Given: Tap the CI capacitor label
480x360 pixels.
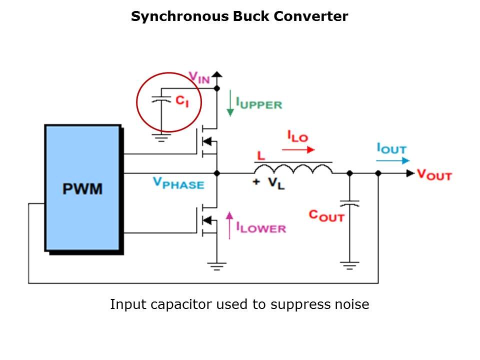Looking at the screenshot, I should click(x=182, y=101).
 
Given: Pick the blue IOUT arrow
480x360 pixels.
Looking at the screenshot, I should click(x=393, y=160).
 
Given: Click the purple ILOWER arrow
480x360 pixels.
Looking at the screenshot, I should click(x=229, y=223).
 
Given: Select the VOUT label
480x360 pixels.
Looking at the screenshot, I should click(x=434, y=174).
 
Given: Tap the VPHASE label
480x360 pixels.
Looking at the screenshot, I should click(x=178, y=183).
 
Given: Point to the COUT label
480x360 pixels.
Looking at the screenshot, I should click(x=326, y=215).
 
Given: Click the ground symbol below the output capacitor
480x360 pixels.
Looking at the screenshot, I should click(x=349, y=265).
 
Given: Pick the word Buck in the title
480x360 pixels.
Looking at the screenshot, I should click(x=251, y=16).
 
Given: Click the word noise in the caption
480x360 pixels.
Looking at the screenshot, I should click(x=352, y=304).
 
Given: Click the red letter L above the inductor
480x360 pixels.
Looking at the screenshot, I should click(x=259, y=156).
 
